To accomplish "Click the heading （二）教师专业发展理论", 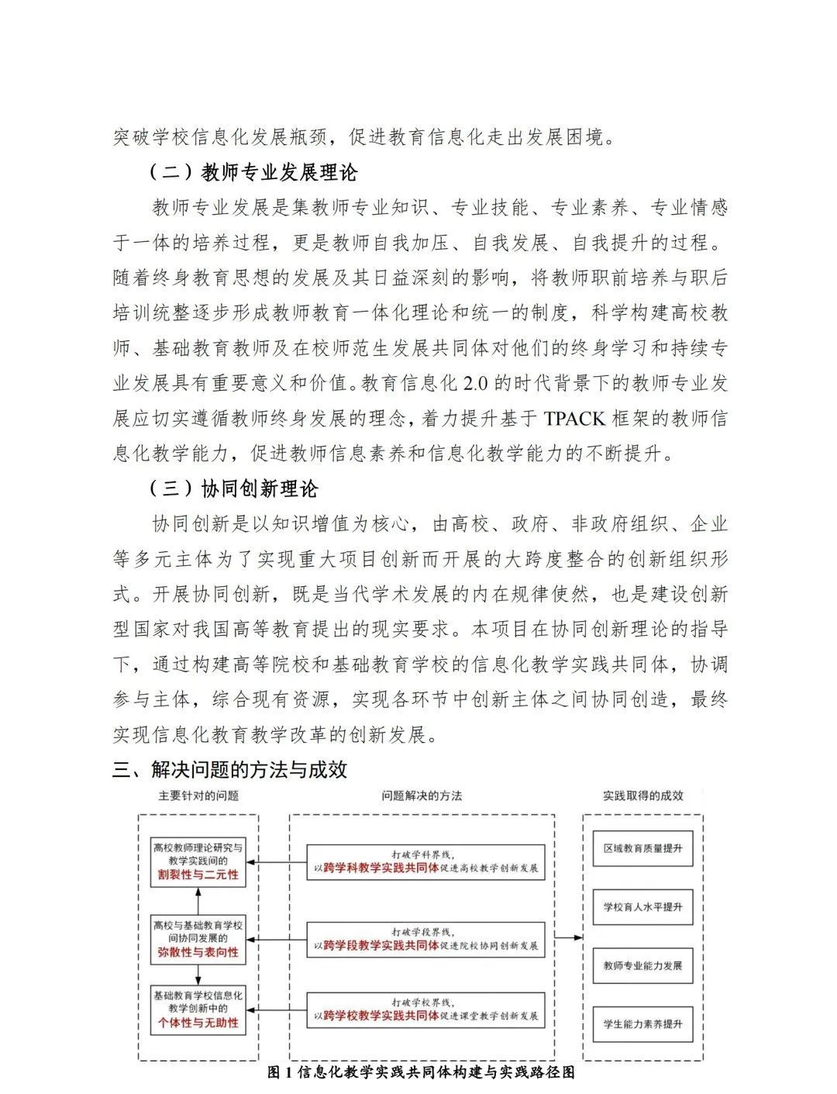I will tap(253, 172).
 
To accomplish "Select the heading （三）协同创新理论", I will tap(232, 489).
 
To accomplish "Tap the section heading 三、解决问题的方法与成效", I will tap(229, 769).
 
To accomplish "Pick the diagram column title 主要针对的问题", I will tap(198, 795).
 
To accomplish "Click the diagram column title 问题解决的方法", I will tap(422, 795).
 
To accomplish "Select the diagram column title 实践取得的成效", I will tap(643, 795).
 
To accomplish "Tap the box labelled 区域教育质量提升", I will tap(643, 848).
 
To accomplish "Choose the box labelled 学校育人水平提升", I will tap(643, 907).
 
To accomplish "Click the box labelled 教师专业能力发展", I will tap(643, 966).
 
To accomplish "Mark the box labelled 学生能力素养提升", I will tap(643, 1024).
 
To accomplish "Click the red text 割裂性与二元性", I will tap(198, 875).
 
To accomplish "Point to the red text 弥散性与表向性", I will tap(198, 952).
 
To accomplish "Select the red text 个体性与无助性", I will tap(198, 1023).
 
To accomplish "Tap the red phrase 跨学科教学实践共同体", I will tap(381, 868).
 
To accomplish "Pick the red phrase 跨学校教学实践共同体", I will tap(381, 1015).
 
